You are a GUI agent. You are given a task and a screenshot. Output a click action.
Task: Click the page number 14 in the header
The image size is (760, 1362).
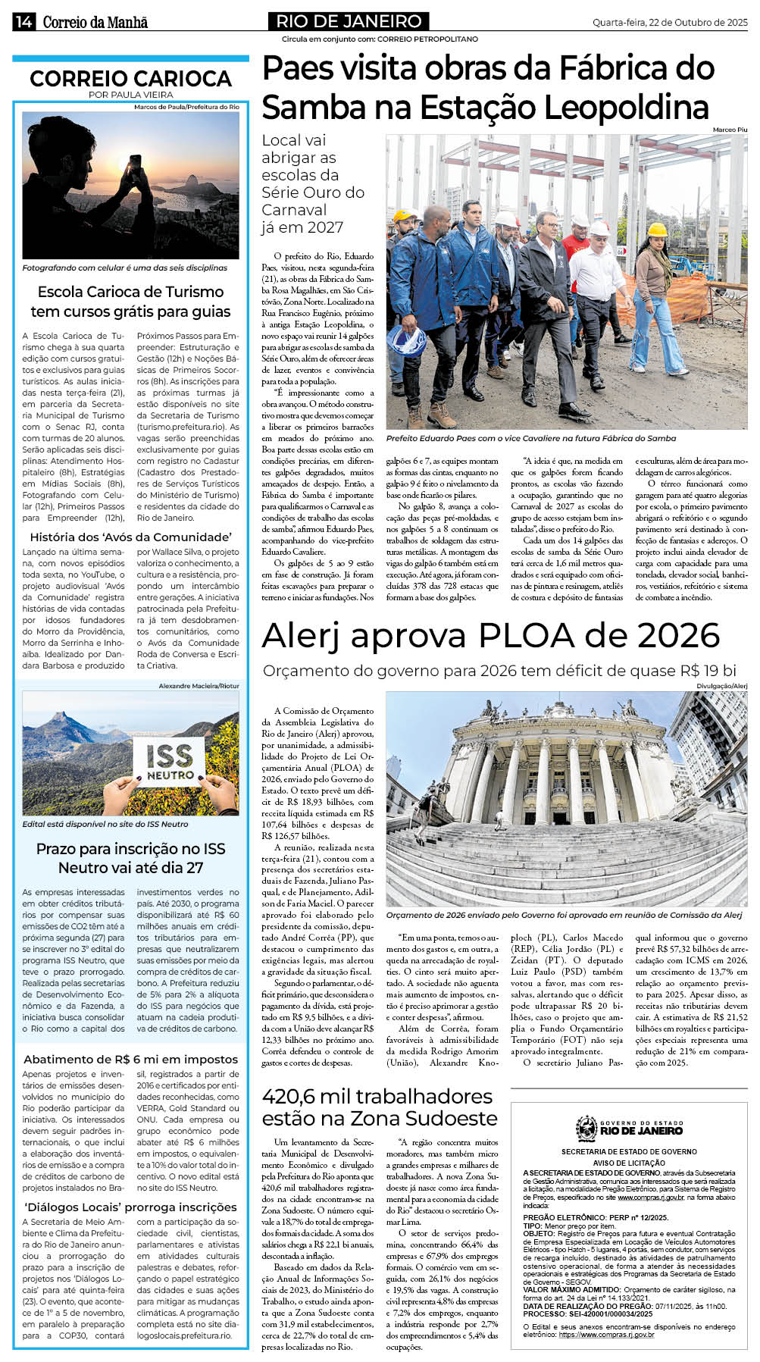coord(23,22)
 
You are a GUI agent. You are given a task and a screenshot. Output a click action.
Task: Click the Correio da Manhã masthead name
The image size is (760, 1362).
coord(95,22)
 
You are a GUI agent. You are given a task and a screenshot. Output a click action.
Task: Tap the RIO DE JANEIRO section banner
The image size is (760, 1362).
coord(349,21)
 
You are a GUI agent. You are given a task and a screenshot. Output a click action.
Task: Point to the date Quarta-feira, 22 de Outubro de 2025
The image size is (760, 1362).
coord(669,23)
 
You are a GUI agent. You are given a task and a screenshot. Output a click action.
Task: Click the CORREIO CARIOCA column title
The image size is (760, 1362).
coord(130,79)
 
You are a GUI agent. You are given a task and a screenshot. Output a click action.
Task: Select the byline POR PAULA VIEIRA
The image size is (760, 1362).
coord(130,95)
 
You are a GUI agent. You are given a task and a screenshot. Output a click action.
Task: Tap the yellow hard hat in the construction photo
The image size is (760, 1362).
coord(657,230)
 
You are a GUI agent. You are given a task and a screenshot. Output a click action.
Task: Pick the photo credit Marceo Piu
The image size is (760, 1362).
coord(730,130)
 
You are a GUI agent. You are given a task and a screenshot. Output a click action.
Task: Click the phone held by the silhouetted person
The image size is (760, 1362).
coord(136,163)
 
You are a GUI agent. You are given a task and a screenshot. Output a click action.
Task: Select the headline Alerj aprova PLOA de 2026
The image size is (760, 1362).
coord(490,635)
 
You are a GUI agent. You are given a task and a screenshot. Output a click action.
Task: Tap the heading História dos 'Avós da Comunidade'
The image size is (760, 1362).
coord(130,537)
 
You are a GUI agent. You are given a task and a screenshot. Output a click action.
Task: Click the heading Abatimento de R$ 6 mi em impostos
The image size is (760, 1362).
coord(130,1059)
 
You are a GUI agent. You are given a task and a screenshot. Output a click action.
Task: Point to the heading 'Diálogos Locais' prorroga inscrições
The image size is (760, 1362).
coord(130,1207)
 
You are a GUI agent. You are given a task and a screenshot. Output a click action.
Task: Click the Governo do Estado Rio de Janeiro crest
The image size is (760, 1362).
coord(586,1129)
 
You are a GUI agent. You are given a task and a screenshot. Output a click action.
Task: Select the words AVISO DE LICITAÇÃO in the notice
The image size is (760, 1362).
coord(629,1163)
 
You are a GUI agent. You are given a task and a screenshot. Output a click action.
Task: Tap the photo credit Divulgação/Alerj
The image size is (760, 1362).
coord(721,686)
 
